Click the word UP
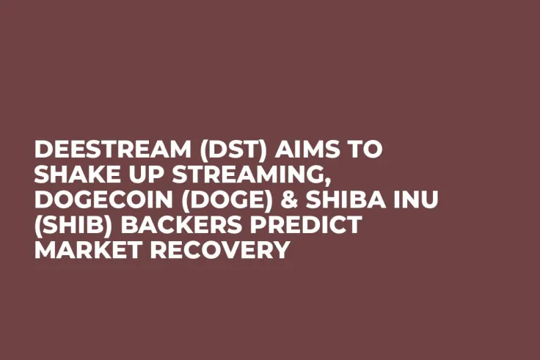136,175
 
